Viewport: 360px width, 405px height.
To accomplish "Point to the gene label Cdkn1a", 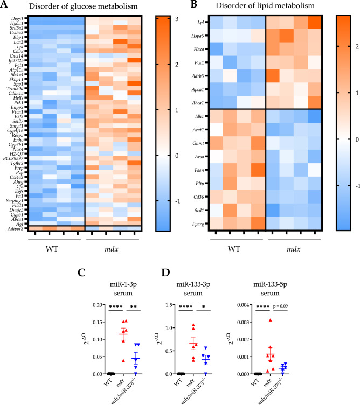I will pyautogui.click(x=15, y=95).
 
